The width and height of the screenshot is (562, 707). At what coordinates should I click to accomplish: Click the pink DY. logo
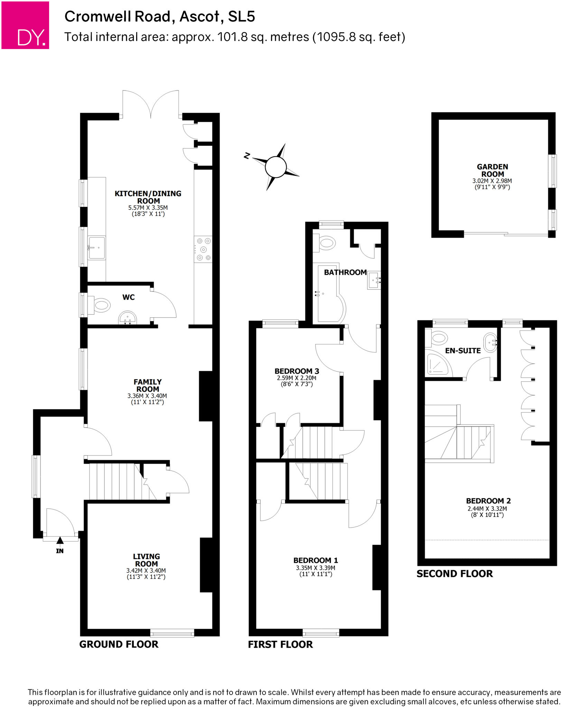25,25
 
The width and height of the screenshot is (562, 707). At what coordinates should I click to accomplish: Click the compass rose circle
276,167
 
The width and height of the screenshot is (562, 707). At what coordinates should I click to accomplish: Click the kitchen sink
96,248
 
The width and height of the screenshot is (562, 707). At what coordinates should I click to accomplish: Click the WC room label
128,297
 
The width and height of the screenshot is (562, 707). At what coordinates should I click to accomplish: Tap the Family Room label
148,385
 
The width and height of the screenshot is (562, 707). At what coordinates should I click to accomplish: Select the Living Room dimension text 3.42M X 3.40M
146,571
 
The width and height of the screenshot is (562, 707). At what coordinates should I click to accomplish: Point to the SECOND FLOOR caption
454,574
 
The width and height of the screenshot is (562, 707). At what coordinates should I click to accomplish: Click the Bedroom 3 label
297,371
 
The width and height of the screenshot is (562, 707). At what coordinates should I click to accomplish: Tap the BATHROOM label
345,272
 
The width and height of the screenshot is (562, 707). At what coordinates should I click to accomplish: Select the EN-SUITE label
462,351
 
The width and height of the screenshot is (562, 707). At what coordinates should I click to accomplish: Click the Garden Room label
492,170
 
